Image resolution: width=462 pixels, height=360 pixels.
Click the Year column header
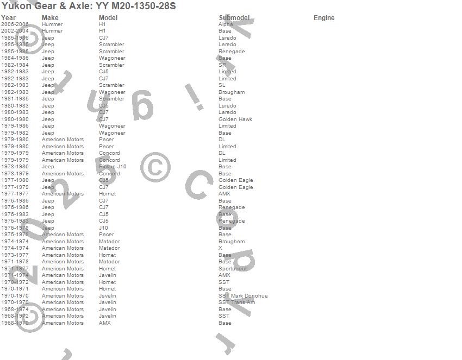pos(8,18)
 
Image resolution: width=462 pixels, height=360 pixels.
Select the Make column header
pos(50,18)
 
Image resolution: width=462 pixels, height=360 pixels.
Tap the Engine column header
pos(324,18)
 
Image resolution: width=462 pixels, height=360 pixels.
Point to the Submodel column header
pos(234,18)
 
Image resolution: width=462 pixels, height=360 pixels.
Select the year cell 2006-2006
pos(15,24)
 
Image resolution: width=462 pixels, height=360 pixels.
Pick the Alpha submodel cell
pos(226,24)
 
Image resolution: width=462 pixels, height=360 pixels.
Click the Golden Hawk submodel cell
pos(235,119)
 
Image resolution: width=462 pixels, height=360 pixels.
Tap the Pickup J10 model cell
pos(113,167)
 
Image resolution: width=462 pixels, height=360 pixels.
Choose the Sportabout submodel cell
pos(233,269)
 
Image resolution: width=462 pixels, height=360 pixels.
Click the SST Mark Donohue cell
pos(243,296)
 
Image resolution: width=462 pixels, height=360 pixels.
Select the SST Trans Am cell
pos(236,302)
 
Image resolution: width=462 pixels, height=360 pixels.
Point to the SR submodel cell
pos(222,65)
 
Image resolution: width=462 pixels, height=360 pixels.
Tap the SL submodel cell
pos(222,85)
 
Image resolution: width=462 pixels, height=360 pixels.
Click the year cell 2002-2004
pos(15,31)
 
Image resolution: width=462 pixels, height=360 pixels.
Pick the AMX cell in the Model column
pos(105,323)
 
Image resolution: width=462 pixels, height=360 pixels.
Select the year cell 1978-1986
pos(15,167)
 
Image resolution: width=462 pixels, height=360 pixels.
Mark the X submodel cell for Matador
pos(220,248)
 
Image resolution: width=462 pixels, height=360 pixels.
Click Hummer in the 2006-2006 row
pos(52,24)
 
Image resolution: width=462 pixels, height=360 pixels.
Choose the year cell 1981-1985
pos(15,99)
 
